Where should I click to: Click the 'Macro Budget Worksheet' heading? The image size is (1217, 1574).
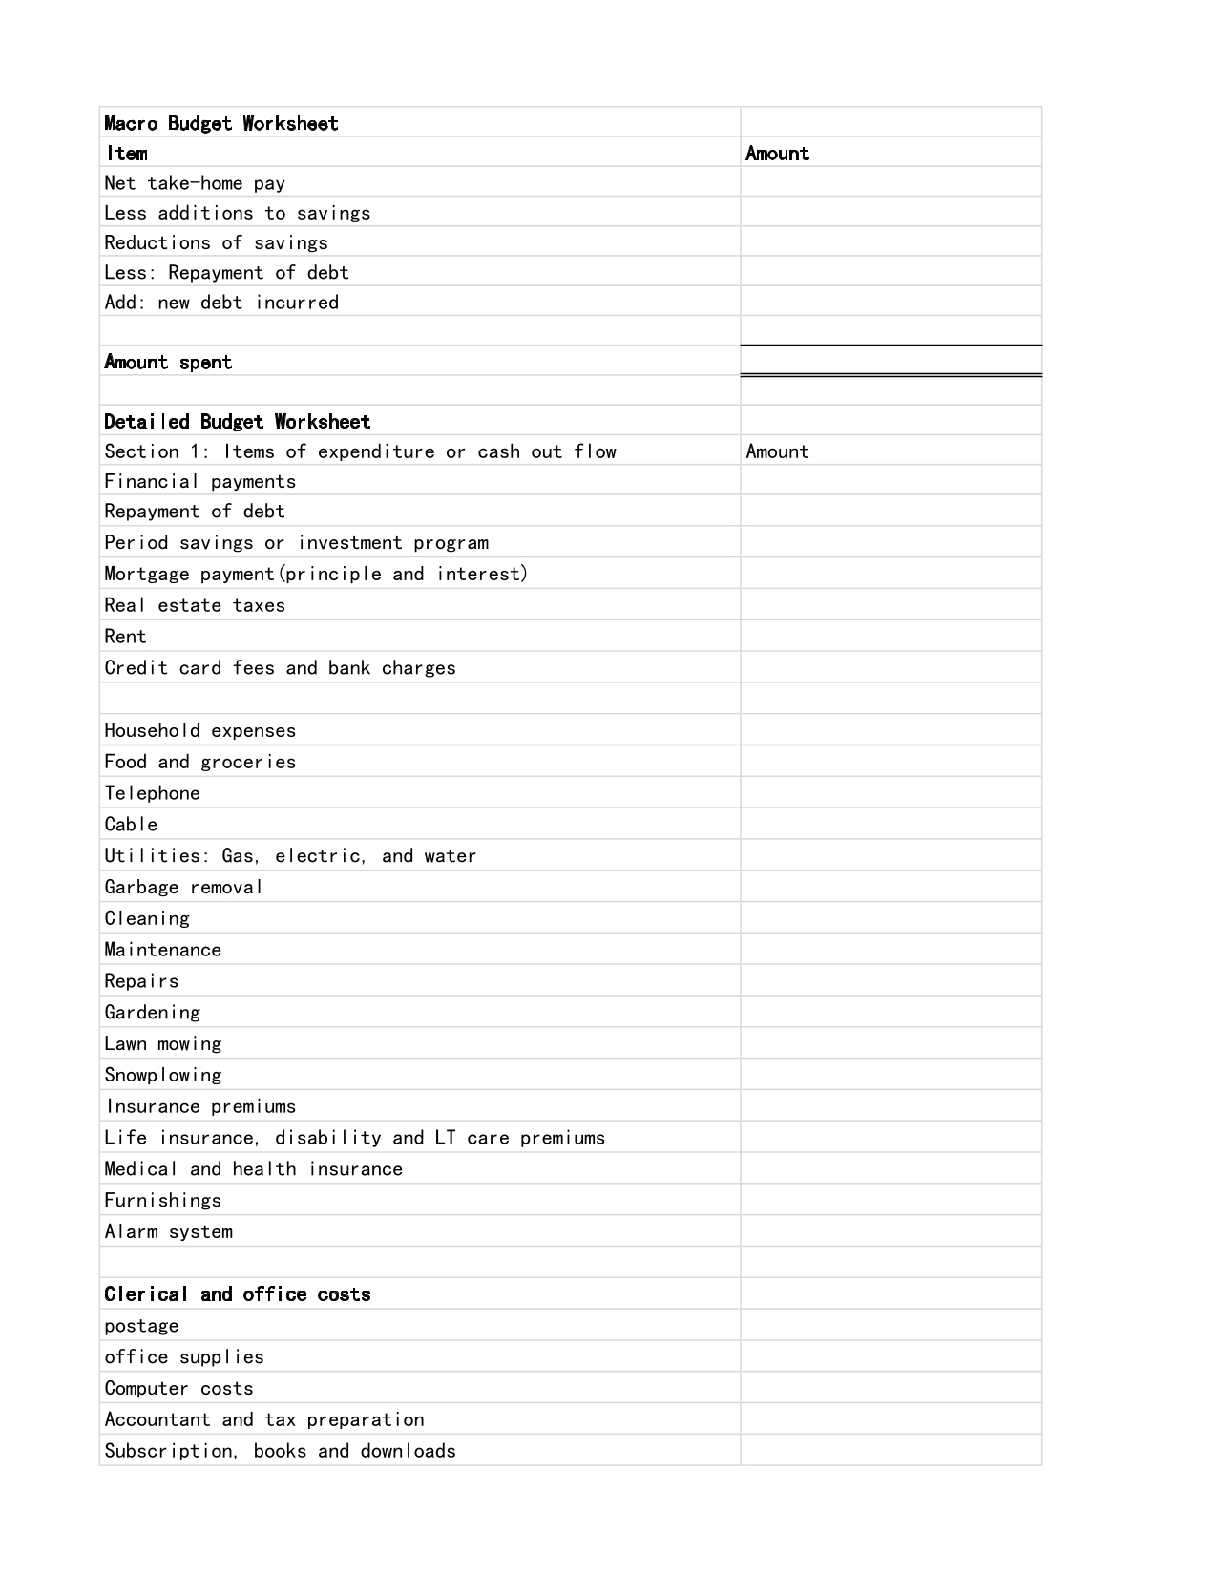pyautogui.click(x=220, y=123)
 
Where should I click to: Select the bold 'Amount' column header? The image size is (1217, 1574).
pyautogui.click(x=777, y=154)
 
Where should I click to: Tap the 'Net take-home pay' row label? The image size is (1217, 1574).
pyautogui.click(x=195, y=183)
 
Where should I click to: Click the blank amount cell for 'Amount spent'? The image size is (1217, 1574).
pyautogui.click(x=891, y=361)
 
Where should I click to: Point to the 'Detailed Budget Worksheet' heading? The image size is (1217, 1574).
pyautogui.click(x=237, y=422)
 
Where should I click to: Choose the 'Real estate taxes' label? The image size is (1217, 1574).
pyautogui.click(x=195, y=605)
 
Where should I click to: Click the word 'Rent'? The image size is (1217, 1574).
pyautogui.click(x=125, y=637)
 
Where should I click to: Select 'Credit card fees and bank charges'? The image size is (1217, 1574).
pyautogui.click(x=280, y=668)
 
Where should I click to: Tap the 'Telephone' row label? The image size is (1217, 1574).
pyautogui.click(x=152, y=793)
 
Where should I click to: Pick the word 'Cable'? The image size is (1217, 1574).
pyautogui.click(x=131, y=825)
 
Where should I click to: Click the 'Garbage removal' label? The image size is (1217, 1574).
pyautogui.click(x=183, y=888)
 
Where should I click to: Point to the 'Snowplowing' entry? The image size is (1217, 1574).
pyautogui.click(x=163, y=1076)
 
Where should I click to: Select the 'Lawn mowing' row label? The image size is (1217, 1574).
pyautogui.click(x=163, y=1044)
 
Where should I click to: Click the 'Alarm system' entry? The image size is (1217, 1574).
pyautogui.click(x=168, y=1232)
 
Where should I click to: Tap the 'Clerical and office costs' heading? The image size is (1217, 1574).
pyautogui.click(x=237, y=1294)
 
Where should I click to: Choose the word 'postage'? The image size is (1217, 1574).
pyautogui.click(x=141, y=1326)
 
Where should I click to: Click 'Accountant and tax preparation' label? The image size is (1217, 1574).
pyautogui.click(x=264, y=1420)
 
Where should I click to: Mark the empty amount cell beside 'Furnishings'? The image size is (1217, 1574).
pyautogui.click(x=891, y=1200)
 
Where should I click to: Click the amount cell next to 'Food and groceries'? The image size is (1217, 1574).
pyautogui.click(x=891, y=762)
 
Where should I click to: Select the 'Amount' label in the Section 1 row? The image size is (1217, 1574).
pyautogui.click(x=777, y=451)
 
